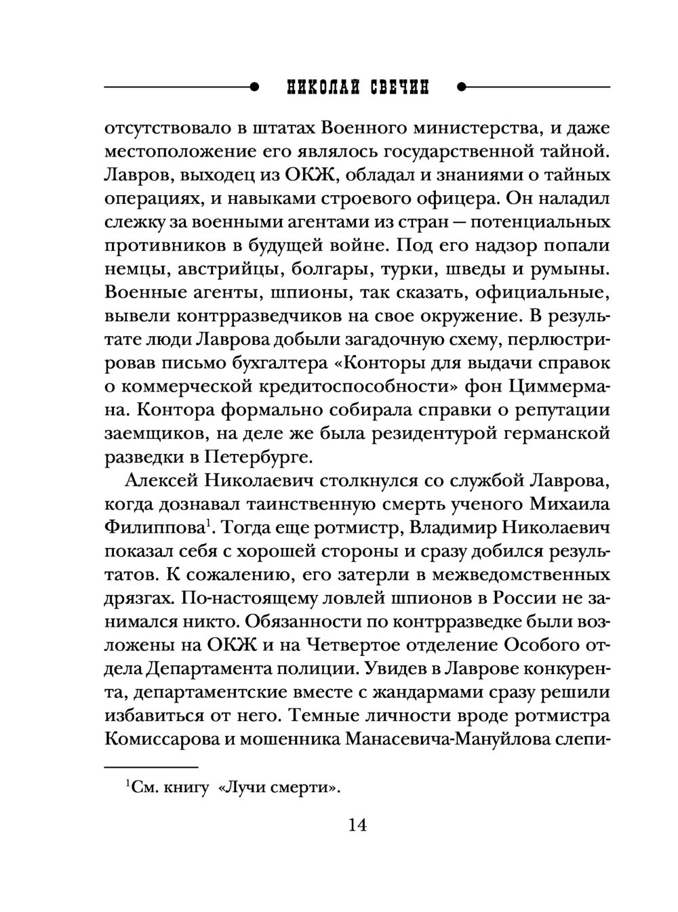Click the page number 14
357,826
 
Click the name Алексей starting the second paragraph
157,480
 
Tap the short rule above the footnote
151,767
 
